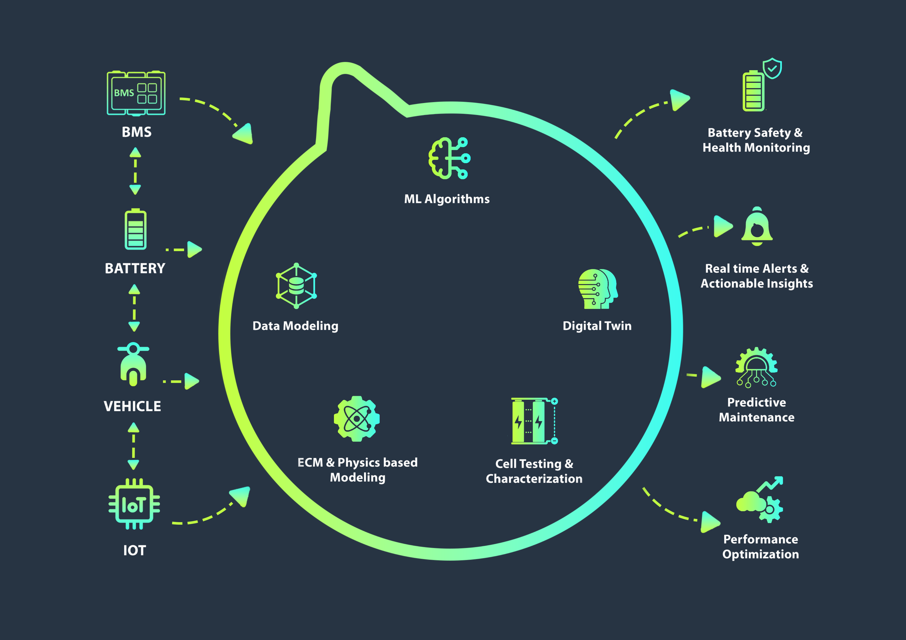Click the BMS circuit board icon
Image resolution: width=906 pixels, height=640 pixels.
[x=136, y=93]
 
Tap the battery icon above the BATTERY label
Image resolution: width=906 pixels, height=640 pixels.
[x=135, y=229]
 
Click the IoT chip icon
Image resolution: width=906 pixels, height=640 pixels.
[x=134, y=504]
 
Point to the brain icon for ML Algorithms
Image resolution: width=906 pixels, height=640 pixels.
[x=449, y=158]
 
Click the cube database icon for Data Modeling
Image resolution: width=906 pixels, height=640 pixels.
[x=296, y=285]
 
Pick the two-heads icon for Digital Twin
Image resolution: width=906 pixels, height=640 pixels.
[x=597, y=289]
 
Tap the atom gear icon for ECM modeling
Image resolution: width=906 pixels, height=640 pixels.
[x=357, y=419]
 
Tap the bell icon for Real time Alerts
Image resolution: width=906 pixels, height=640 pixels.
[x=757, y=227]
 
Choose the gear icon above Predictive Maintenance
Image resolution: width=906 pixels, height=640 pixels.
[x=756, y=367]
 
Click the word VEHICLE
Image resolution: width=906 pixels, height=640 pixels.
[x=132, y=406]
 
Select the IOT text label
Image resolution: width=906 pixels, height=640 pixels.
[x=135, y=550]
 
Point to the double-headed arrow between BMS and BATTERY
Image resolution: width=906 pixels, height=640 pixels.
[x=135, y=171]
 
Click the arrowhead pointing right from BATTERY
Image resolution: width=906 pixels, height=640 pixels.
[x=194, y=249]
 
